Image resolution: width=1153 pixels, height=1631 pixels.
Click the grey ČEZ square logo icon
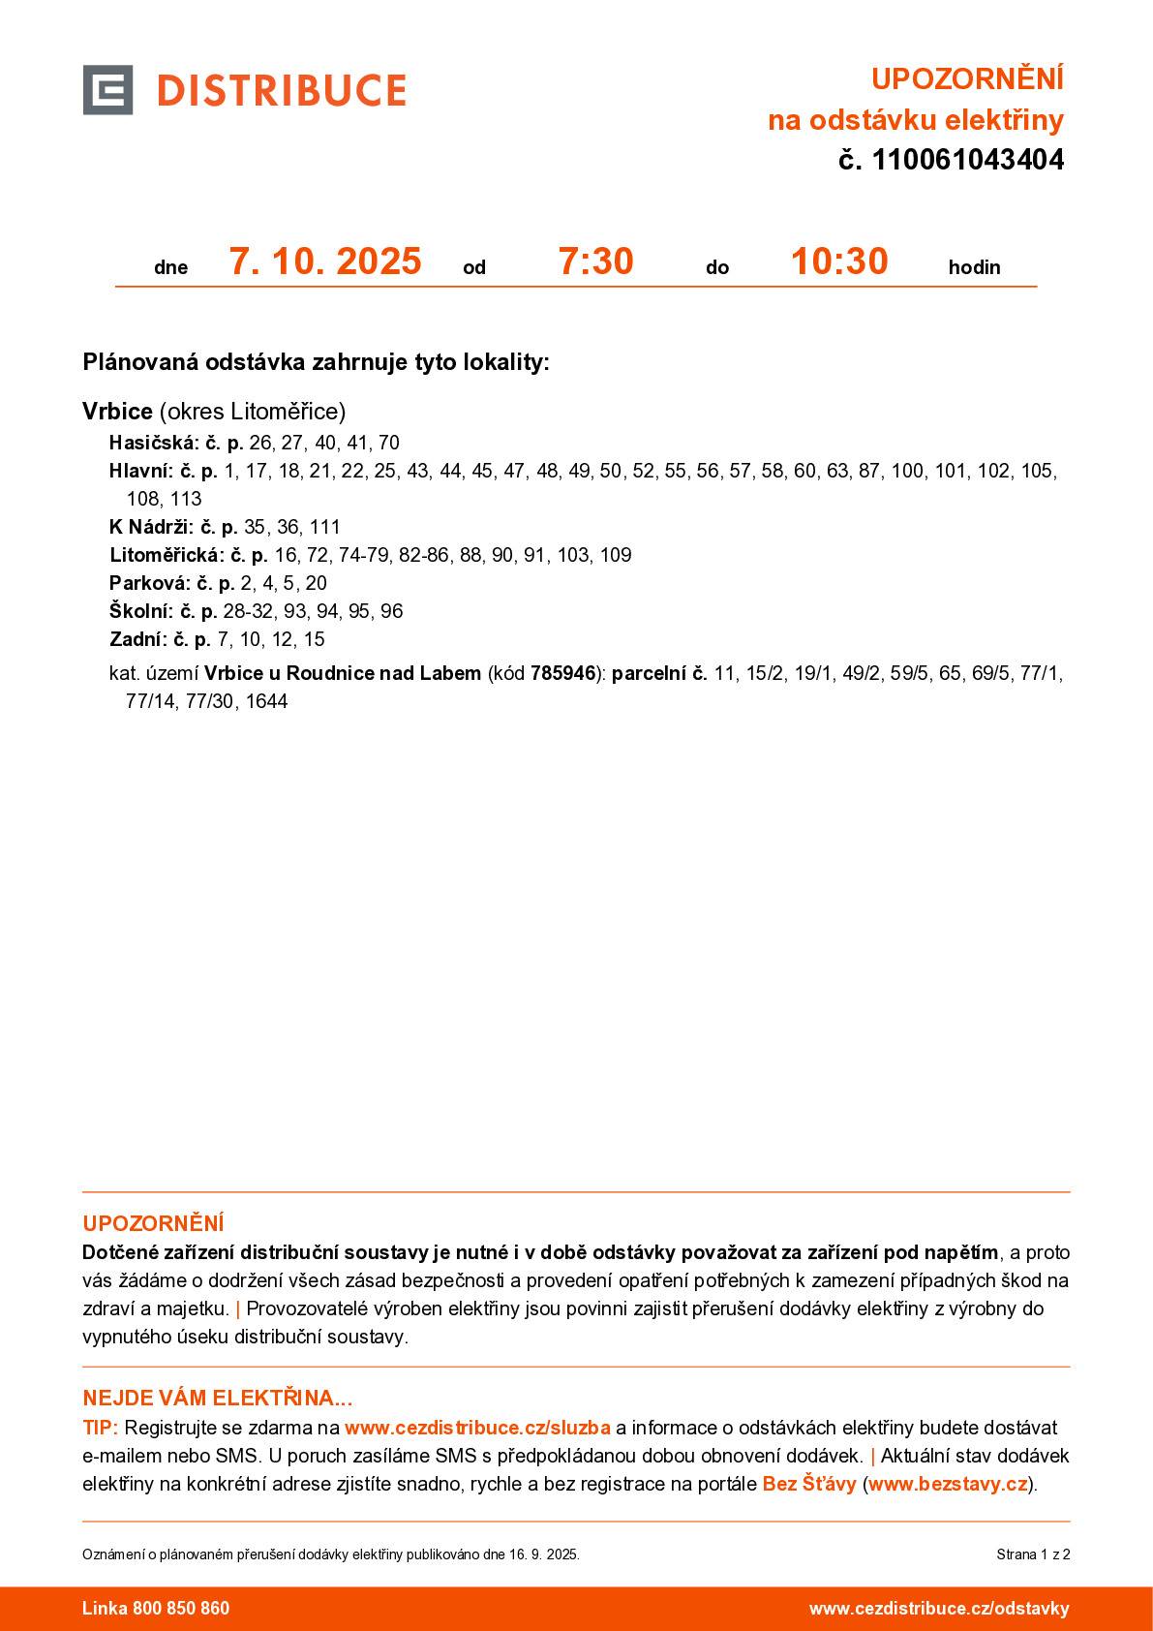click(x=107, y=90)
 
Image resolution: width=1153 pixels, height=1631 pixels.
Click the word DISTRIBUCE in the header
click(x=281, y=91)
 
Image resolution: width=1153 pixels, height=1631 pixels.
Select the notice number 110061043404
click(x=967, y=160)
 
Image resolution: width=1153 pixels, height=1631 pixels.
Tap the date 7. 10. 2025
click(x=325, y=262)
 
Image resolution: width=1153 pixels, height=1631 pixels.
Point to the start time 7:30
click(x=595, y=262)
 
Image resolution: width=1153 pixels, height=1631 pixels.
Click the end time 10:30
click(x=839, y=262)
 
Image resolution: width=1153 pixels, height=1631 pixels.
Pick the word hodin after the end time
click(x=974, y=267)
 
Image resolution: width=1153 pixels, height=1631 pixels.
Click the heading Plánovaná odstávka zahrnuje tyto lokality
click(x=316, y=362)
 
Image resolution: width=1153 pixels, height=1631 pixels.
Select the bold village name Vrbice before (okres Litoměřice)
click(x=117, y=412)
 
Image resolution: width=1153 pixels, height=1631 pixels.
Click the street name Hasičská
click(x=153, y=443)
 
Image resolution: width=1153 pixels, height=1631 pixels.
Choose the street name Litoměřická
click(x=167, y=555)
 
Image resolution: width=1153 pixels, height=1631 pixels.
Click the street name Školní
click(x=141, y=611)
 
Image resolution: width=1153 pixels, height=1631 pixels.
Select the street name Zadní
click(x=138, y=639)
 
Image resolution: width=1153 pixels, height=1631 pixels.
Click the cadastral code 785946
click(x=562, y=673)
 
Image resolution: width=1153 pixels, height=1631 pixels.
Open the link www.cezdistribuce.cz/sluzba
click(x=477, y=1428)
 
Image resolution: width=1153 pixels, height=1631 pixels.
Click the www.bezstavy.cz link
click(x=947, y=1484)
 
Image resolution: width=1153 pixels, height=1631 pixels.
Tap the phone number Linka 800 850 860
click(x=156, y=1609)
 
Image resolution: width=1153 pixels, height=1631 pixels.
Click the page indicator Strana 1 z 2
click(x=1033, y=1554)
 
